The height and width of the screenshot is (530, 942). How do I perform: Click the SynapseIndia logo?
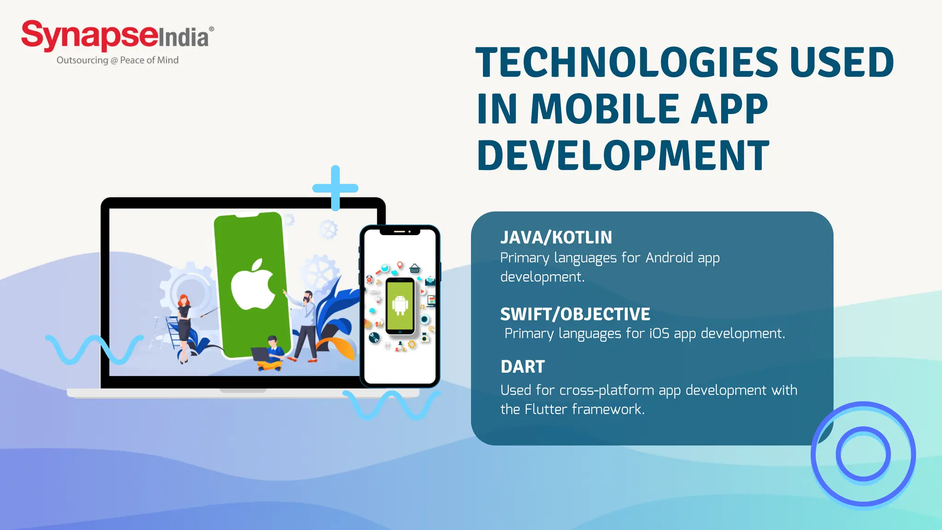click(x=117, y=36)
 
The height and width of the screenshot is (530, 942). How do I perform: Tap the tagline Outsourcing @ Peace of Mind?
click(x=117, y=60)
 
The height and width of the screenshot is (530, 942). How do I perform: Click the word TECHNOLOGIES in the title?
click(x=626, y=63)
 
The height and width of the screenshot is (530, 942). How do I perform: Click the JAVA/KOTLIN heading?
click(x=556, y=237)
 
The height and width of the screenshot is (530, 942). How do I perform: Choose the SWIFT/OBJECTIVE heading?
click(x=575, y=314)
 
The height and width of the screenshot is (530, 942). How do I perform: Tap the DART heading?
click(x=523, y=367)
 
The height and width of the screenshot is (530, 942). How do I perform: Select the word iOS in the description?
click(x=659, y=333)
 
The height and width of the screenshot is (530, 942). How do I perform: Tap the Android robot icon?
click(x=400, y=305)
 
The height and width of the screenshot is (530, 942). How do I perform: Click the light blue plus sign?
click(x=335, y=188)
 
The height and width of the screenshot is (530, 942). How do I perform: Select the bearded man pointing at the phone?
click(x=305, y=324)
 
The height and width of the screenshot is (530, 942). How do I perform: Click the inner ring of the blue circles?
click(x=863, y=454)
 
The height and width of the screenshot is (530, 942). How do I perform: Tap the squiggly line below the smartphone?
click(x=391, y=405)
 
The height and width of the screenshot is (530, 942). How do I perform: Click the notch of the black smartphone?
click(x=400, y=232)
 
